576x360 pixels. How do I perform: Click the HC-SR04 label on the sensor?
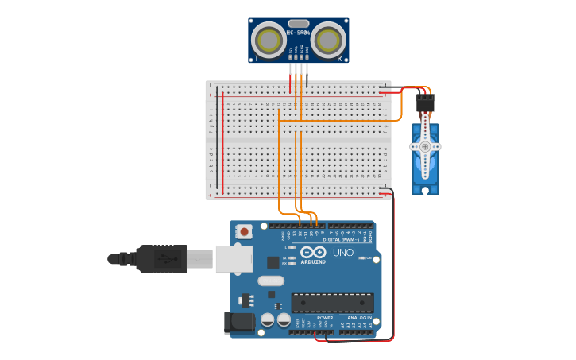point(298,33)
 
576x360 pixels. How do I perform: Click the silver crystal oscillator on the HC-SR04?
point(298,24)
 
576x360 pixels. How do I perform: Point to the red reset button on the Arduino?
point(245,231)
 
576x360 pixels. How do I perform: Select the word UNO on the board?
point(342,253)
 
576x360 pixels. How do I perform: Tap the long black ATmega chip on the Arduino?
point(332,303)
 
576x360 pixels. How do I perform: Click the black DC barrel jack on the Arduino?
point(238,323)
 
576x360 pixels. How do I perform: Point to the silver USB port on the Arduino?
point(234,259)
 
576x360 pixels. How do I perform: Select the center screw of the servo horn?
point(425,147)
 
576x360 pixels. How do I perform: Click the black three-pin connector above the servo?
point(425,103)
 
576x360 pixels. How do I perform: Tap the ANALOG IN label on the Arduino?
point(358,318)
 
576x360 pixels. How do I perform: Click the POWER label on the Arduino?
point(325,318)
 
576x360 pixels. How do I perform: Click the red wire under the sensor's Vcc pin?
point(290,75)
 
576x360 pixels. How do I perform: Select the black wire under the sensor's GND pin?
point(307,75)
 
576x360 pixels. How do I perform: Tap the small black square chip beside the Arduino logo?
point(273,262)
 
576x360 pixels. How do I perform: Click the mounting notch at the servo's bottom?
point(425,190)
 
